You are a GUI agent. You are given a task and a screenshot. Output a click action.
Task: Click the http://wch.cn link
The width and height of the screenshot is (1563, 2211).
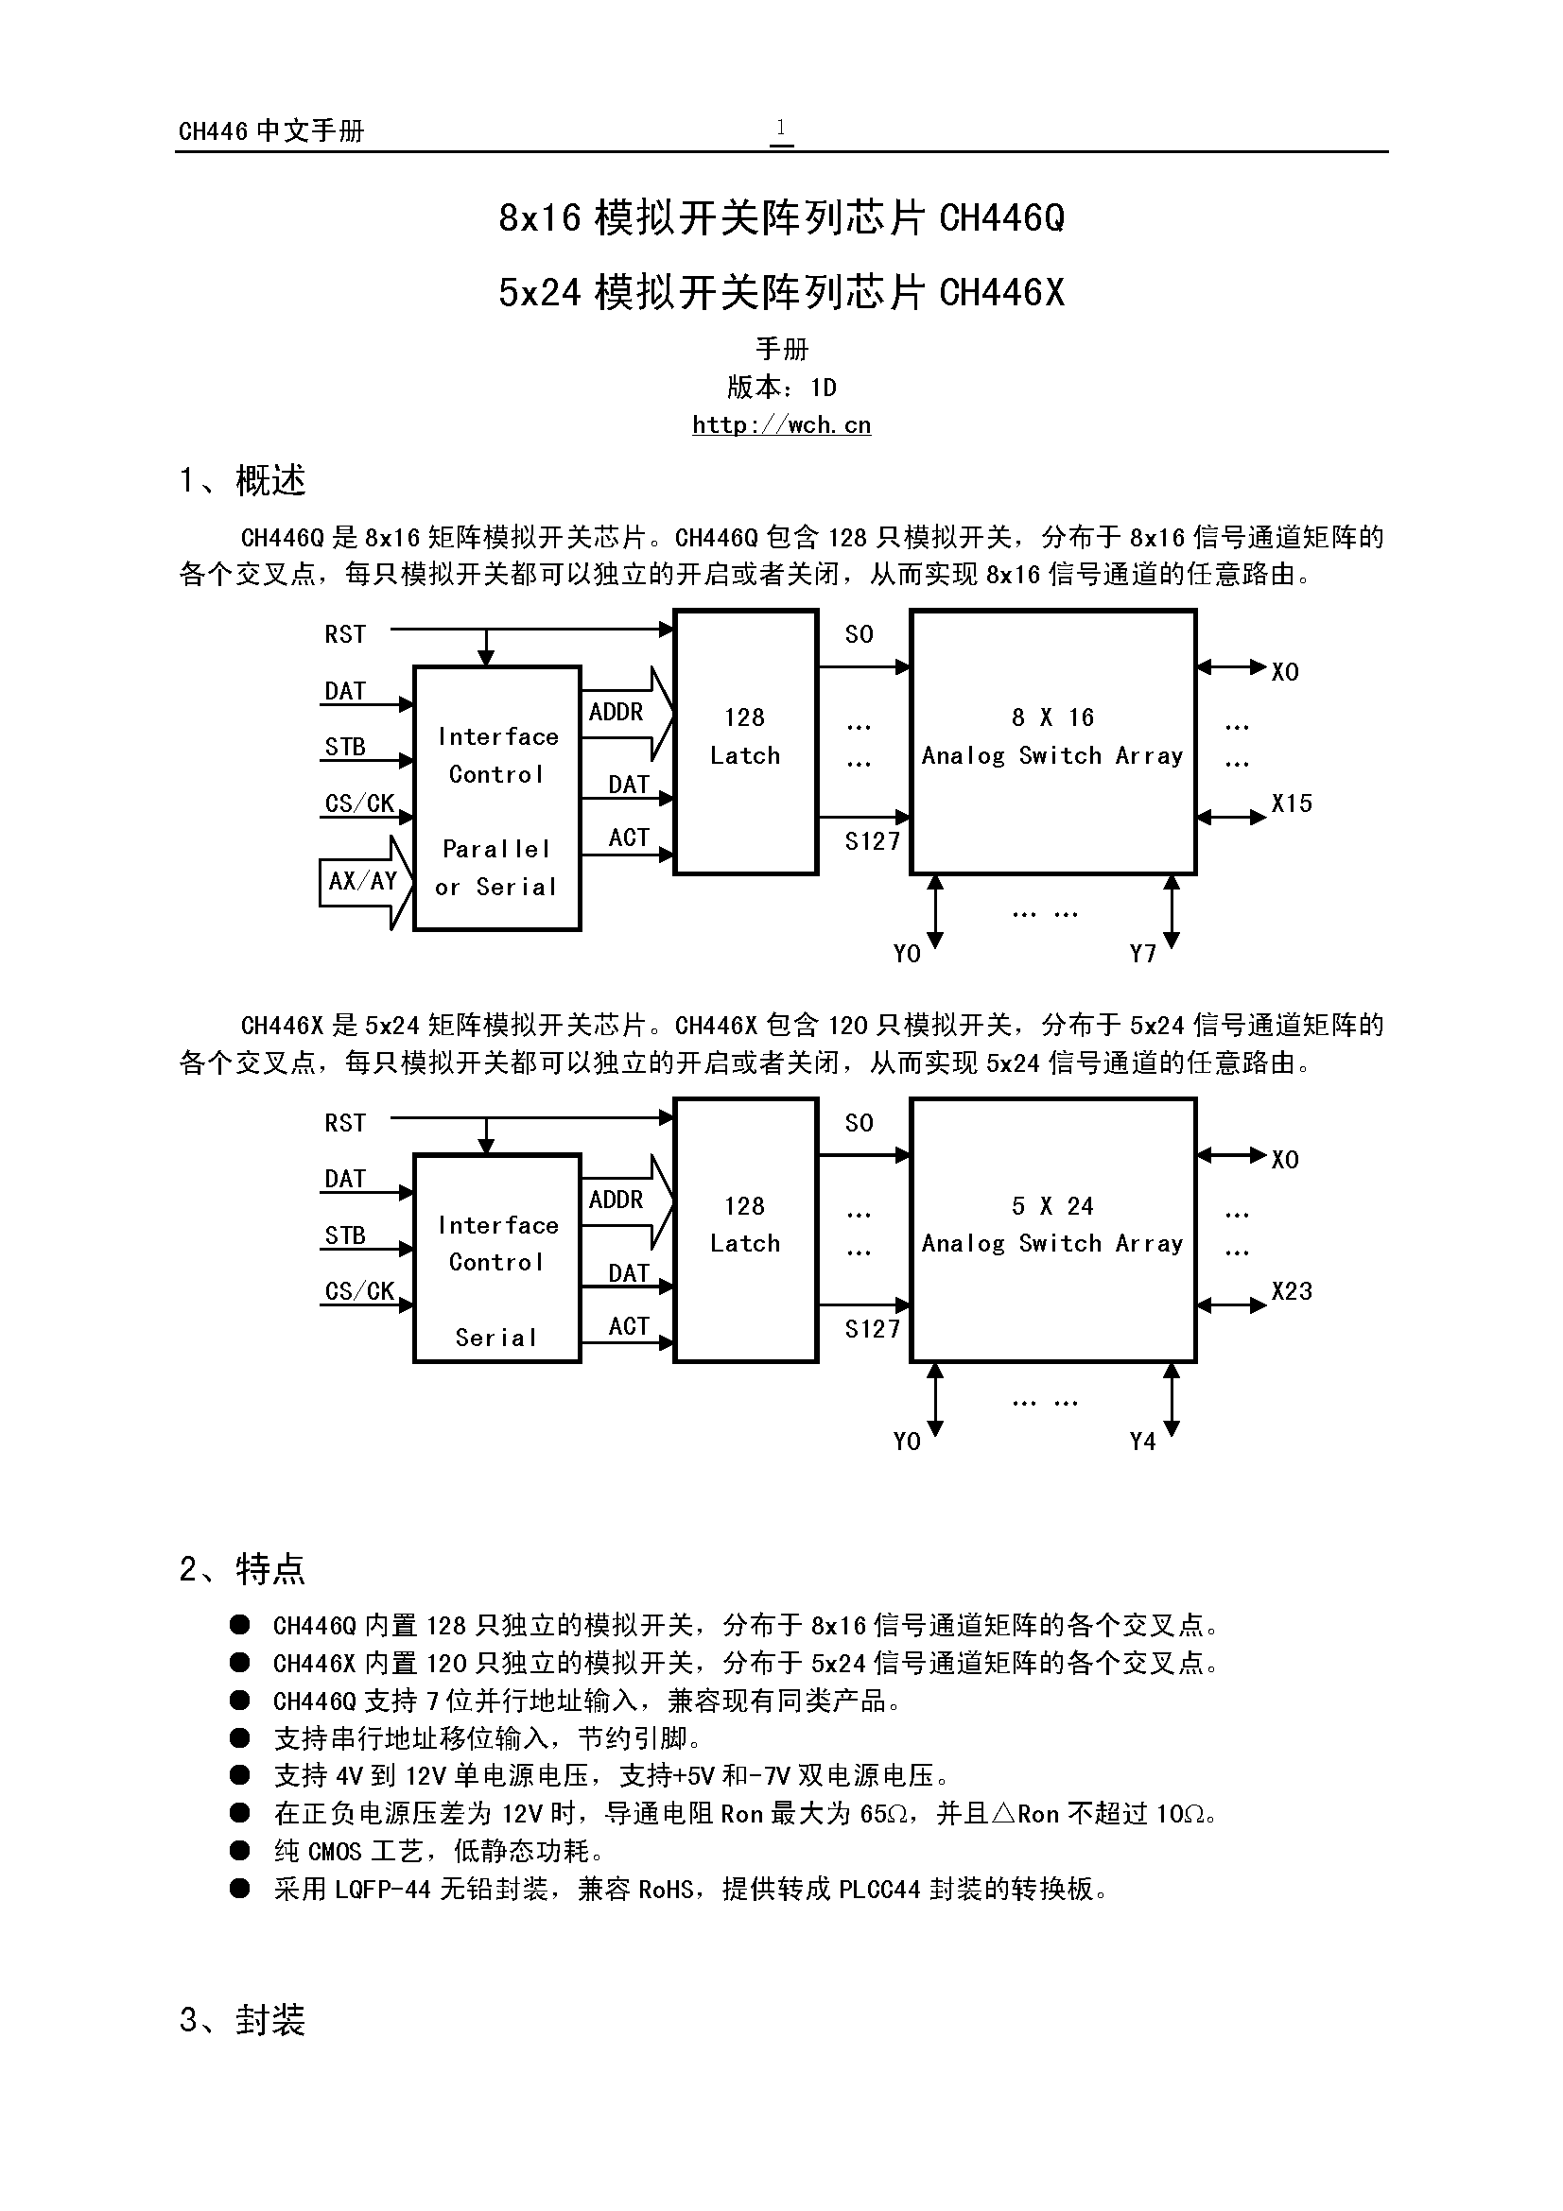tap(781, 424)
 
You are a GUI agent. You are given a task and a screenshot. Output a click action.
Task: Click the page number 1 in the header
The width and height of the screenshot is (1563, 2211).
tap(781, 127)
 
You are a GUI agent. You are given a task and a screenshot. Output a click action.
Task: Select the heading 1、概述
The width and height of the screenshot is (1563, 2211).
tap(243, 479)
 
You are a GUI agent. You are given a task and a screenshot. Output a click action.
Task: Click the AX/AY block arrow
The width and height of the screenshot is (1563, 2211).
tap(365, 881)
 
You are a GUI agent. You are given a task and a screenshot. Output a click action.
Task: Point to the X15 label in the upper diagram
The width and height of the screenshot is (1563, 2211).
tap(1291, 803)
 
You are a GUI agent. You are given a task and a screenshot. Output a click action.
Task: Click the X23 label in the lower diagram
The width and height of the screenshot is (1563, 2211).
tap(1291, 1291)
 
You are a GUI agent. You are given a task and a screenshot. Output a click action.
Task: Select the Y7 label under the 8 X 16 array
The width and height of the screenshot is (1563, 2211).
tap(1142, 954)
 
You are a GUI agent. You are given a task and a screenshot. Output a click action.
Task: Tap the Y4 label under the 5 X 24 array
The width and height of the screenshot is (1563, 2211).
tap(1142, 1442)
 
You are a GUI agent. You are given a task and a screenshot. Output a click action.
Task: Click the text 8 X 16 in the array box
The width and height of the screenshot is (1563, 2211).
tap(1052, 717)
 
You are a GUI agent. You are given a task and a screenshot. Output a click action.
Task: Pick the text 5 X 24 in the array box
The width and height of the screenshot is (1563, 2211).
tap(1052, 1205)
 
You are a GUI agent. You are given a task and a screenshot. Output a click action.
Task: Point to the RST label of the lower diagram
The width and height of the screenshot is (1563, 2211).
tap(345, 1123)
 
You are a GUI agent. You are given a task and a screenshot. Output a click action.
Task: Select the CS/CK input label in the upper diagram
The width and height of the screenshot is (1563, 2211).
tap(359, 803)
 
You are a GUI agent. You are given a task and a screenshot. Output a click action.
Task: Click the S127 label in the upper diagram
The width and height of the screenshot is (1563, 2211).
tap(873, 840)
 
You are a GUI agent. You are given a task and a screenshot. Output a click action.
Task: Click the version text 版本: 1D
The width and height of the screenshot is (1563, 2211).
tap(781, 388)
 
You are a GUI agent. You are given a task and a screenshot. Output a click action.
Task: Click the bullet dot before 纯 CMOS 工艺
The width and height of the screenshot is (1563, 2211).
tap(240, 1851)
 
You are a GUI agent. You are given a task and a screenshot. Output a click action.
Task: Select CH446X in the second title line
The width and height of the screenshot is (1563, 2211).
tap(1001, 292)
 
